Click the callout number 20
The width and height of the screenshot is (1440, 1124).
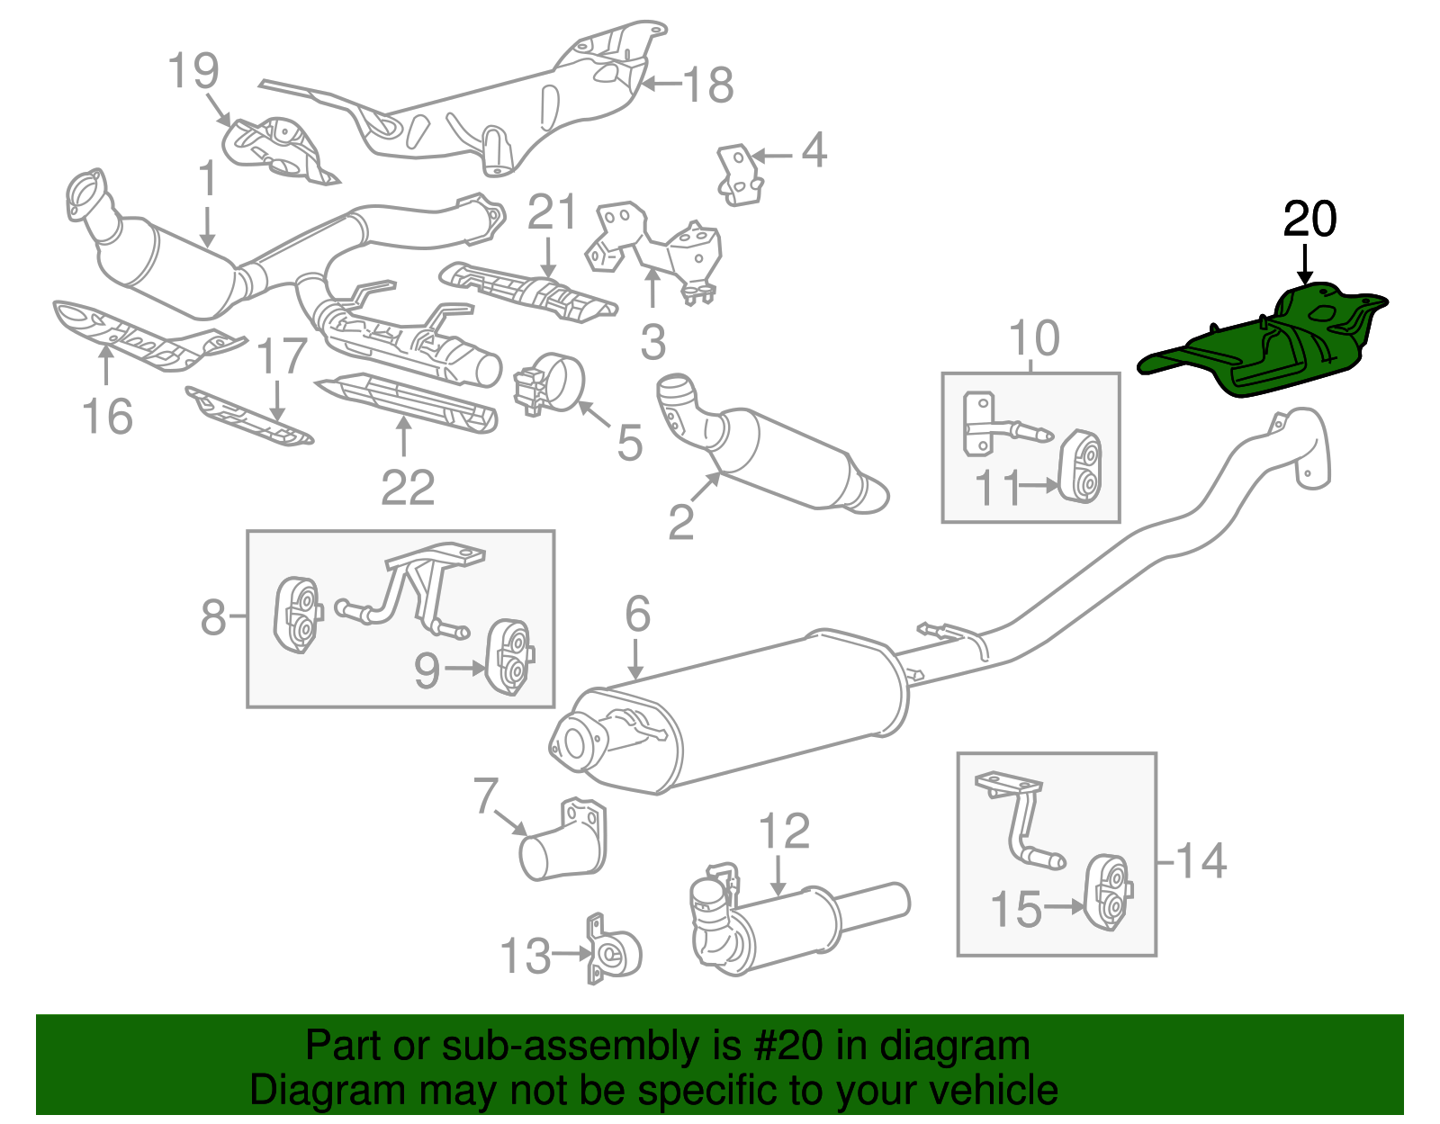(x=1309, y=220)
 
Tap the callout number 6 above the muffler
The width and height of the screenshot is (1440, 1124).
(x=637, y=615)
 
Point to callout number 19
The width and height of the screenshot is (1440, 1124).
(x=193, y=71)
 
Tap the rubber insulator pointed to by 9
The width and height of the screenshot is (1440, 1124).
(x=508, y=656)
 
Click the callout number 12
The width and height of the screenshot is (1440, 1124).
(x=784, y=832)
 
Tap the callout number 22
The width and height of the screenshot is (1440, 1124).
(x=408, y=488)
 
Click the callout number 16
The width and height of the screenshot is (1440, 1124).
(x=107, y=417)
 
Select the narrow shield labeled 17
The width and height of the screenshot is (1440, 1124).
(x=247, y=416)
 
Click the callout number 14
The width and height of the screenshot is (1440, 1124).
(x=1201, y=860)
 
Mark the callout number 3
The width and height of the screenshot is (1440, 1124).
(x=653, y=343)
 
